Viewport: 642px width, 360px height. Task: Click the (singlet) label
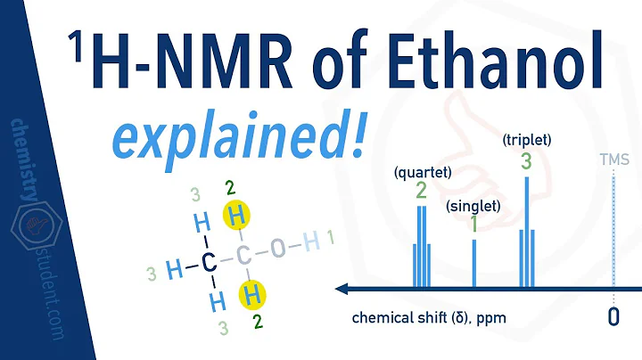473,206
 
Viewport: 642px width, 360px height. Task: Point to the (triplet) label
526,140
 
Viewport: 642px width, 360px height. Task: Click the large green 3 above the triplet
526,161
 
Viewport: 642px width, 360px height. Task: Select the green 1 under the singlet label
473,224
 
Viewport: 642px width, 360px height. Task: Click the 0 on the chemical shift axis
613,316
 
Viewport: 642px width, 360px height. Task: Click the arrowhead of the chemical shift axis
342,288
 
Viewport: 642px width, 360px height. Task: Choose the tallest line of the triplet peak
526,232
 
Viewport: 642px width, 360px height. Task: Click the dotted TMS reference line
613,232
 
